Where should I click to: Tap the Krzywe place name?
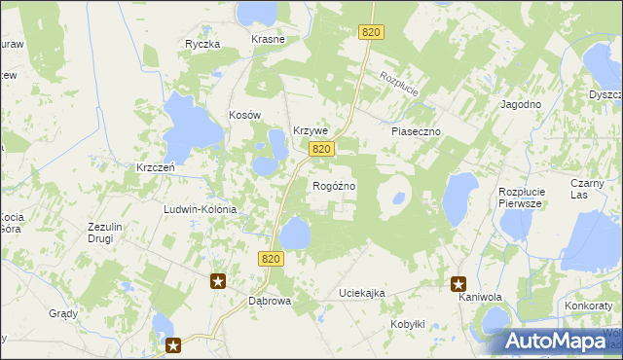pyautogui.click(x=311, y=131)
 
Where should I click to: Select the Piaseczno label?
pyautogui.click(x=417, y=130)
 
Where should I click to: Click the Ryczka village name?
pyautogui.click(x=203, y=44)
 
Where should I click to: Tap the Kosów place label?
pyautogui.click(x=246, y=115)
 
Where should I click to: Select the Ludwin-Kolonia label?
pyautogui.click(x=202, y=209)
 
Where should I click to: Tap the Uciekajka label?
pyautogui.click(x=362, y=293)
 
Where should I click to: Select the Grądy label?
pyautogui.click(x=63, y=313)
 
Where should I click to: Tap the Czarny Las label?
pyautogui.click(x=593, y=189)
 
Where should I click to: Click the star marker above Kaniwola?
pyautogui.click(x=458, y=284)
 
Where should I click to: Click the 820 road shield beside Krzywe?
pyautogui.click(x=323, y=149)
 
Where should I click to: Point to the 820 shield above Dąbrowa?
pyautogui.click(x=272, y=258)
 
